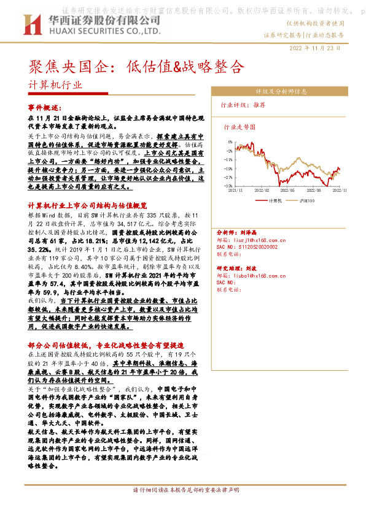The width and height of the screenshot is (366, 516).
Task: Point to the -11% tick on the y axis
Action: [x=228, y=167]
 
